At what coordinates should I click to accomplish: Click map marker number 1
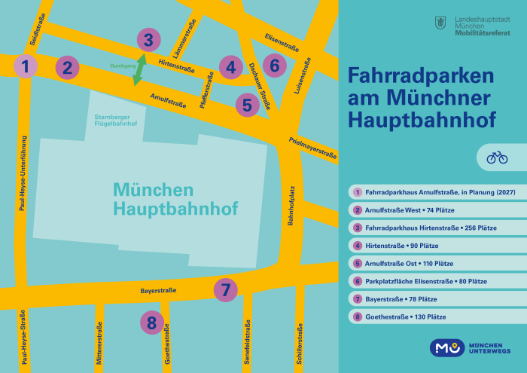pyautogui.click(x=25, y=67)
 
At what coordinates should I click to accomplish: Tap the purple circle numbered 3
pyautogui.click(x=148, y=40)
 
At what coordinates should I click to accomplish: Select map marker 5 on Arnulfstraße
pyautogui.click(x=247, y=105)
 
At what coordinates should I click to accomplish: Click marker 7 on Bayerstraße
pyautogui.click(x=226, y=289)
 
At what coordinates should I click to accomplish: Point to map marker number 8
pyautogui.click(x=152, y=323)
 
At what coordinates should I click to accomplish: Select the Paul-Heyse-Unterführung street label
pyautogui.click(x=23, y=173)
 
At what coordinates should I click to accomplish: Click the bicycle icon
pyautogui.click(x=497, y=157)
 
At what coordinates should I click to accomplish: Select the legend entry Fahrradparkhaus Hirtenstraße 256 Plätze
pyautogui.click(x=431, y=228)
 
